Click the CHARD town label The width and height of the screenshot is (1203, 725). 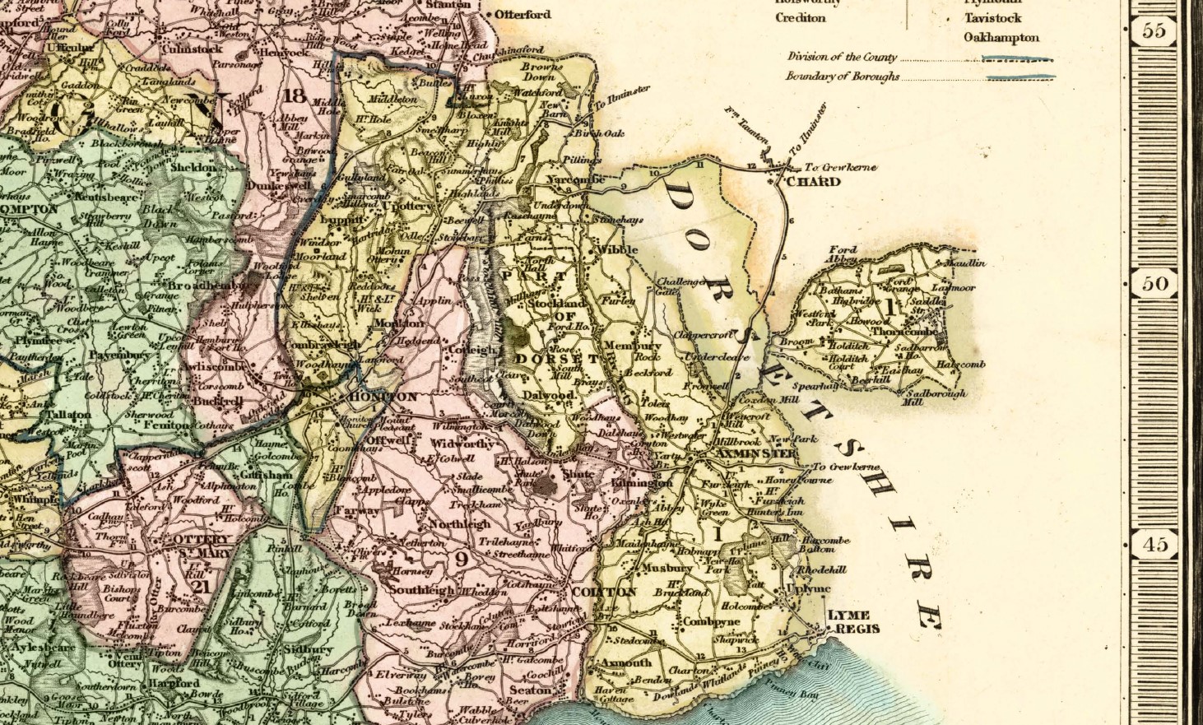[813, 182]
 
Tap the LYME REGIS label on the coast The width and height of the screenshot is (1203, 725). [853, 622]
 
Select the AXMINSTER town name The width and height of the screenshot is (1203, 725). [756, 453]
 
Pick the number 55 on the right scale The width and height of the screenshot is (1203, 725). [1154, 31]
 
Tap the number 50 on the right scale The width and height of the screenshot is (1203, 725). [1154, 284]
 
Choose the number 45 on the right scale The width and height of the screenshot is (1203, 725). [1154, 544]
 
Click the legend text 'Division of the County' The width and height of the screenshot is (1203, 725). [842, 58]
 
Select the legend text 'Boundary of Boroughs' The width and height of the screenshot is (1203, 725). [842, 77]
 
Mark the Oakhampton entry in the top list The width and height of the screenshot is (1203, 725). [1001, 38]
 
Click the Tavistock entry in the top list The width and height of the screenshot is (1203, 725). [993, 18]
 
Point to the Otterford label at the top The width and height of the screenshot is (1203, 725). [523, 15]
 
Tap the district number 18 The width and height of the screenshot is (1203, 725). [294, 95]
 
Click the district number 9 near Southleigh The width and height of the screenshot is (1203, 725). [461, 560]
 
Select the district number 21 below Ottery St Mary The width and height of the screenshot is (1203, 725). [200, 587]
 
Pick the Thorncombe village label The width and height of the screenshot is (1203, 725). [903, 331]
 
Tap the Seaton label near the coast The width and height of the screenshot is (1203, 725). [529, 690]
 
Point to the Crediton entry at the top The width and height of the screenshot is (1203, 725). [800, 18]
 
